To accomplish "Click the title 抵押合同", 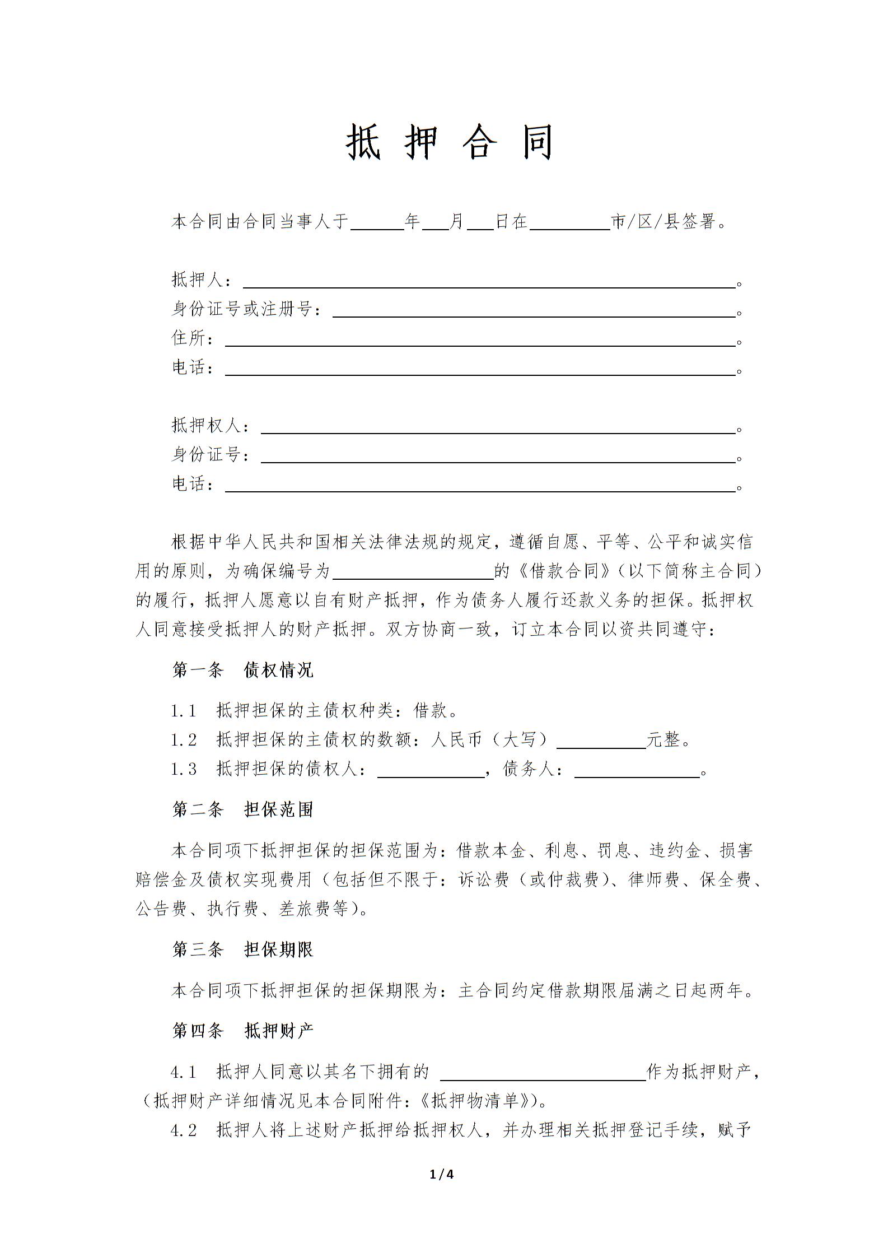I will tap(450, 142).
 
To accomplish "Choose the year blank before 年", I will tap(377, 223).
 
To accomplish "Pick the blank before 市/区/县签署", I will tap(569, 223).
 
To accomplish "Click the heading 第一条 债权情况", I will tap(242, 670).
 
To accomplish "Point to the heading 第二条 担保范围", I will tap(242, 810).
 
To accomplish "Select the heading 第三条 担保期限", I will tap(242, 949).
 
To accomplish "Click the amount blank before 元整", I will tap(601, 741).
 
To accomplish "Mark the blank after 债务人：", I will tap(637, 770).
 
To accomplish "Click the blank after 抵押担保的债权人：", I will tap(431, 770).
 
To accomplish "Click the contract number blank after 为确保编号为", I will tap(413, 572).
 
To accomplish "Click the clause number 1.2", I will tap(184, 741).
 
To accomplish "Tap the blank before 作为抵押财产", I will tap(543, 1072).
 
